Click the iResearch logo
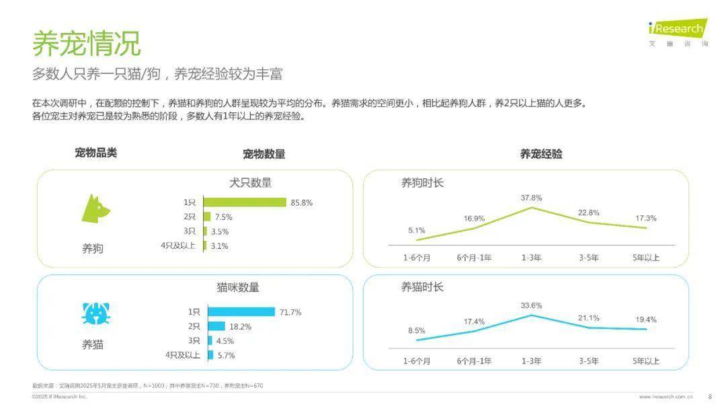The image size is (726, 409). click(x=678, y=28)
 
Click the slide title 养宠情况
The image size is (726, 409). click(x=87, y=42)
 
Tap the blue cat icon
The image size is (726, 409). click(x=96, y=313)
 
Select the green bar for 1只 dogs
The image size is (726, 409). click(x=245, y=202)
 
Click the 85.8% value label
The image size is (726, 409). click(x=301, y=202)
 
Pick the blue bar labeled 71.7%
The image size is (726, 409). click(x=241, y=311)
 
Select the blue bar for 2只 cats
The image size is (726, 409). click(x=216, y=326)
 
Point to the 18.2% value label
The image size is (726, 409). click(x=241, y=327)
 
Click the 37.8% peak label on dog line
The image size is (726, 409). click(x=531, y=198)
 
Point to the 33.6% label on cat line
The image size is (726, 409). click(x=531, y=305)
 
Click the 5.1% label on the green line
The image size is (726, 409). click(x=416, y=231)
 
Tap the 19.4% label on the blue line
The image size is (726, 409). click(x=645, y=320)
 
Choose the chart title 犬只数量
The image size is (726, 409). click(x=250, y=183)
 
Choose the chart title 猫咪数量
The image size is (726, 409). click(x=238, y=287)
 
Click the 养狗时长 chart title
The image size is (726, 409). click(x=422, y=183)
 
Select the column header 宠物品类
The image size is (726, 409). click(x=95, y=153)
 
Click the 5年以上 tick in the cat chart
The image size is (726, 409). click(x=646, y=361)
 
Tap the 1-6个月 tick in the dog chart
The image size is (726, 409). click(x=417, y=258)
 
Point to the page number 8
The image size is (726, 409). click(x=710, y=396)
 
